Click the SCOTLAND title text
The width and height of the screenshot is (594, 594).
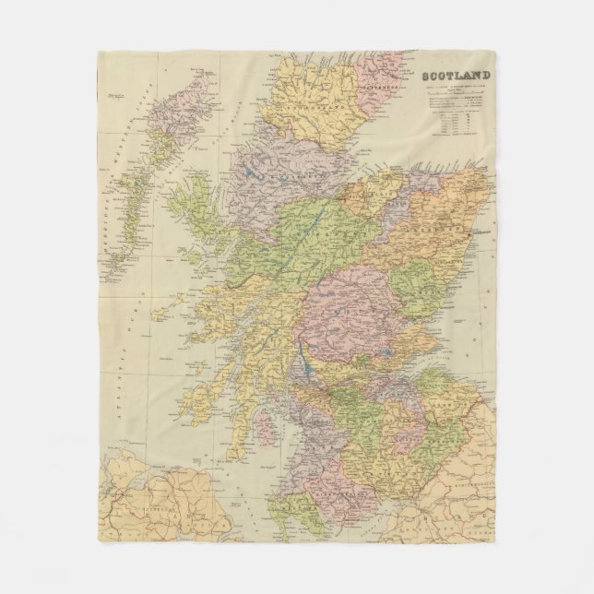pos(457,77)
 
